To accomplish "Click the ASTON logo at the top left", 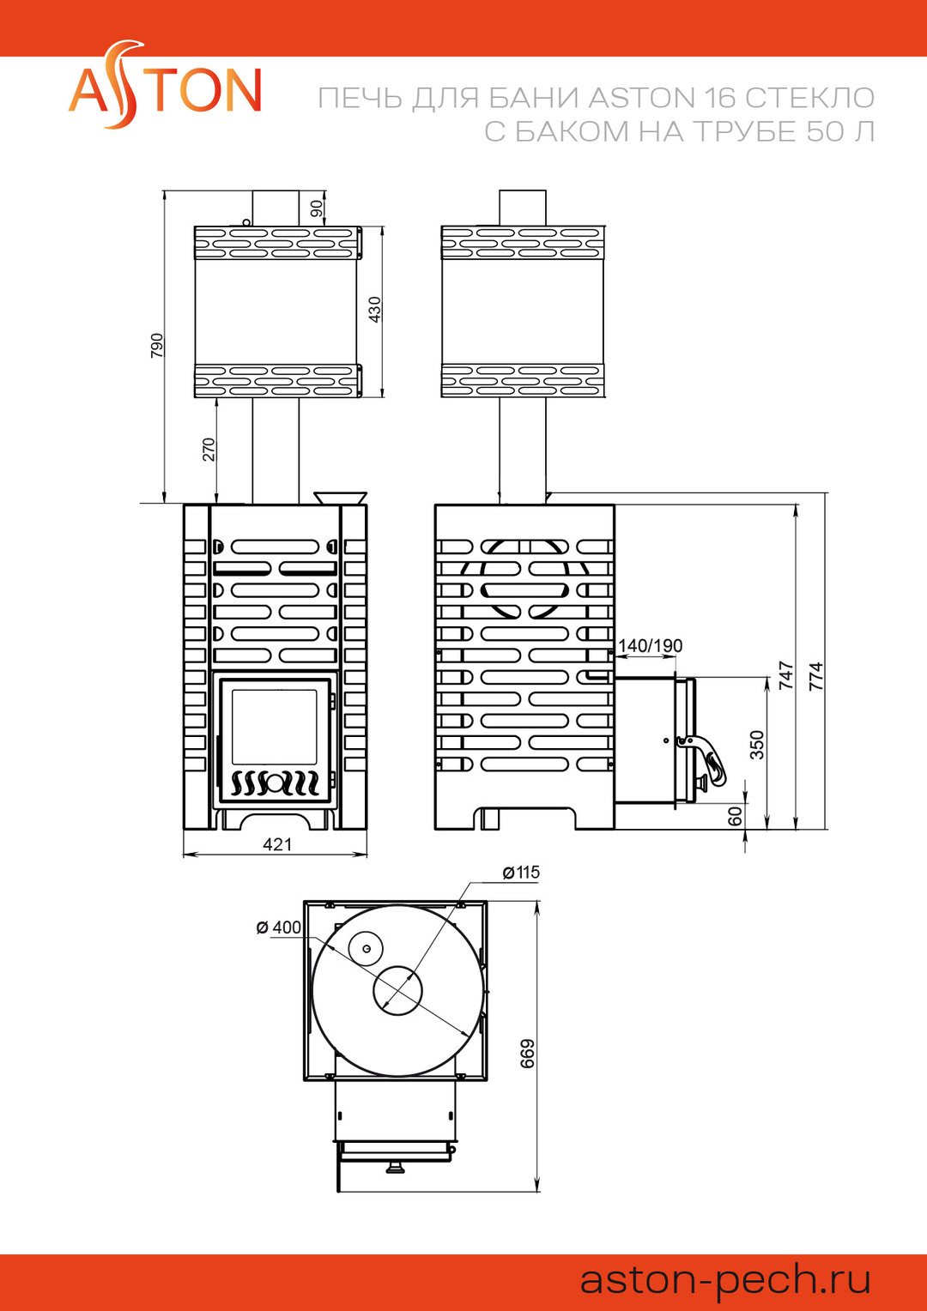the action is (x=165, y=85).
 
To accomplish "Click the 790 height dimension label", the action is (x=157, y=345).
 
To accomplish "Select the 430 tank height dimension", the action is (x=375, y=309).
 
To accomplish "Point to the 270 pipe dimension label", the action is (x=209, y=450).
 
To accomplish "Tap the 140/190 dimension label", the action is (x=651, y=645).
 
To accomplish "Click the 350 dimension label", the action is (x=758, y=745).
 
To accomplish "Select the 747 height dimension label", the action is (x=786, y=675).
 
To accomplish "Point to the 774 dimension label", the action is (x=816, y=675).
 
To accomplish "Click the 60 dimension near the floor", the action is (x=736, y=815).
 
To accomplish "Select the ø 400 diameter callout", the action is (x=279, y=927).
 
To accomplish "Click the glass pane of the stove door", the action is (x=275, y=727).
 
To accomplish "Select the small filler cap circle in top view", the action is (x=366, y=948).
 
